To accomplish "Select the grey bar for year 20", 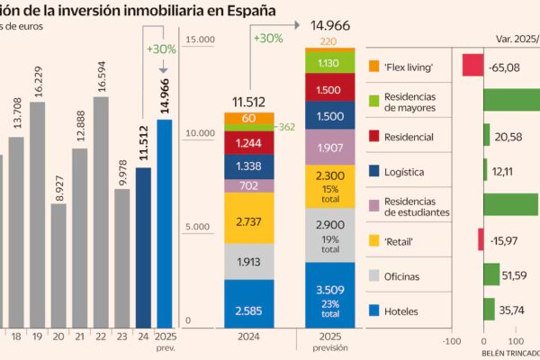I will coord(58,265).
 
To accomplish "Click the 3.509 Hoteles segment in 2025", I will coord(329,294).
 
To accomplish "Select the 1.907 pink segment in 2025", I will coord(329,147).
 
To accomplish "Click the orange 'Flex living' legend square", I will coord(374,67).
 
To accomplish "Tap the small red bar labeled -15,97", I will coord(481,239).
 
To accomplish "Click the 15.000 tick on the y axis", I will coord(199,40).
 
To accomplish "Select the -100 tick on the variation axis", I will coord(452,342).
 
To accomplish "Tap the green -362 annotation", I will coord(285,128).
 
